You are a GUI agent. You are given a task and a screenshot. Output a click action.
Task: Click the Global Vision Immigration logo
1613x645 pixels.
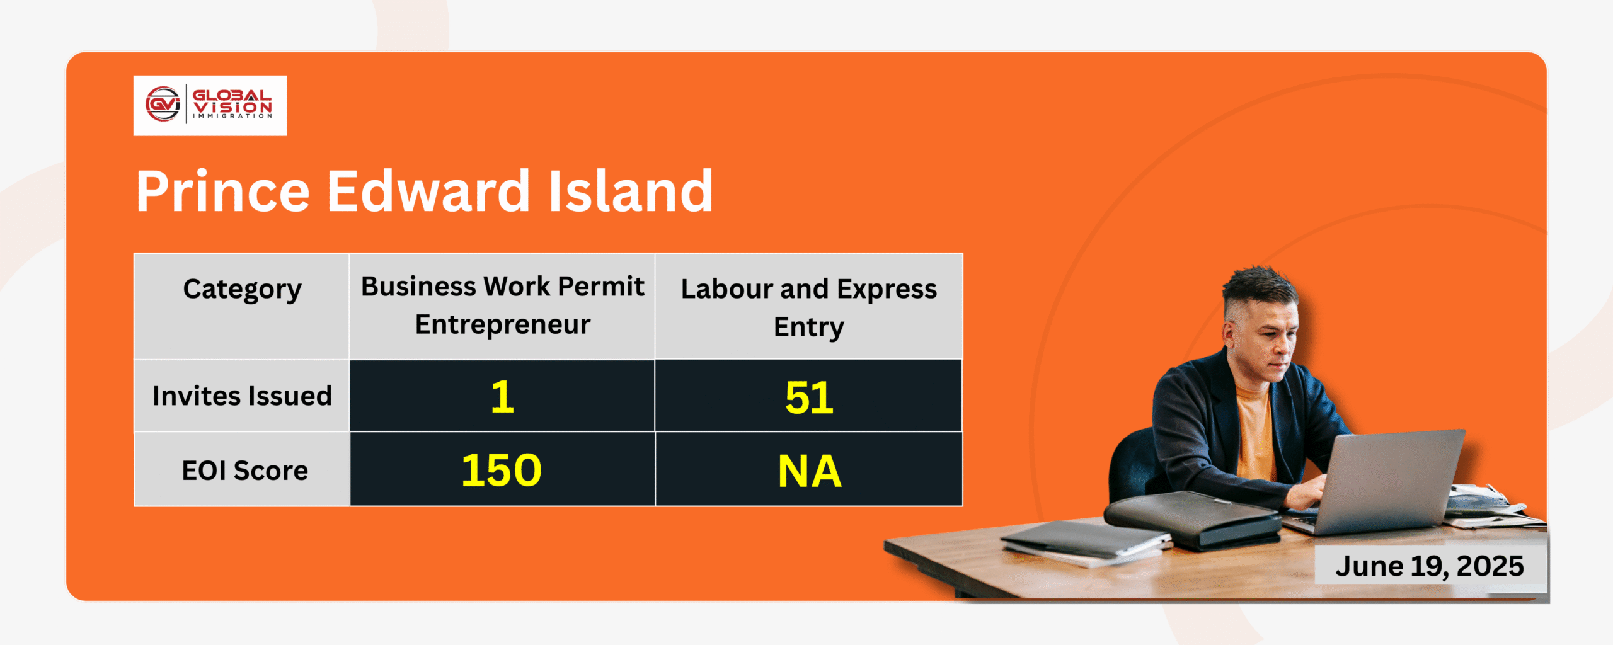210,105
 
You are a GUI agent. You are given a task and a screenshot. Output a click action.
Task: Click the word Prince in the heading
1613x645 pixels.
223,191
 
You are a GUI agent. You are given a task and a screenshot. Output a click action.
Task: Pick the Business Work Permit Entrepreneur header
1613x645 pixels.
502,306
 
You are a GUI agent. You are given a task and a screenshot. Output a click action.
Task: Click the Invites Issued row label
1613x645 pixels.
242,396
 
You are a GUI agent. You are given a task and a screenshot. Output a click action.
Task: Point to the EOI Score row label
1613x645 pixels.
244,470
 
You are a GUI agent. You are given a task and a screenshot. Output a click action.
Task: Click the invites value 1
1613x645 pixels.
502,397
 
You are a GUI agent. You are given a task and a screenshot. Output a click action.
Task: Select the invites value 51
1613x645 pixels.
809,398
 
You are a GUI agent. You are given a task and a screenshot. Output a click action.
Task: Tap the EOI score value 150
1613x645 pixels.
502,470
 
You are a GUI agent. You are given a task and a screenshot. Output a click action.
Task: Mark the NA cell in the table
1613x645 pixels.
810,471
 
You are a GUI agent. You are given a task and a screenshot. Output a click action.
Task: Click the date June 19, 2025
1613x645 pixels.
1430,566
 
